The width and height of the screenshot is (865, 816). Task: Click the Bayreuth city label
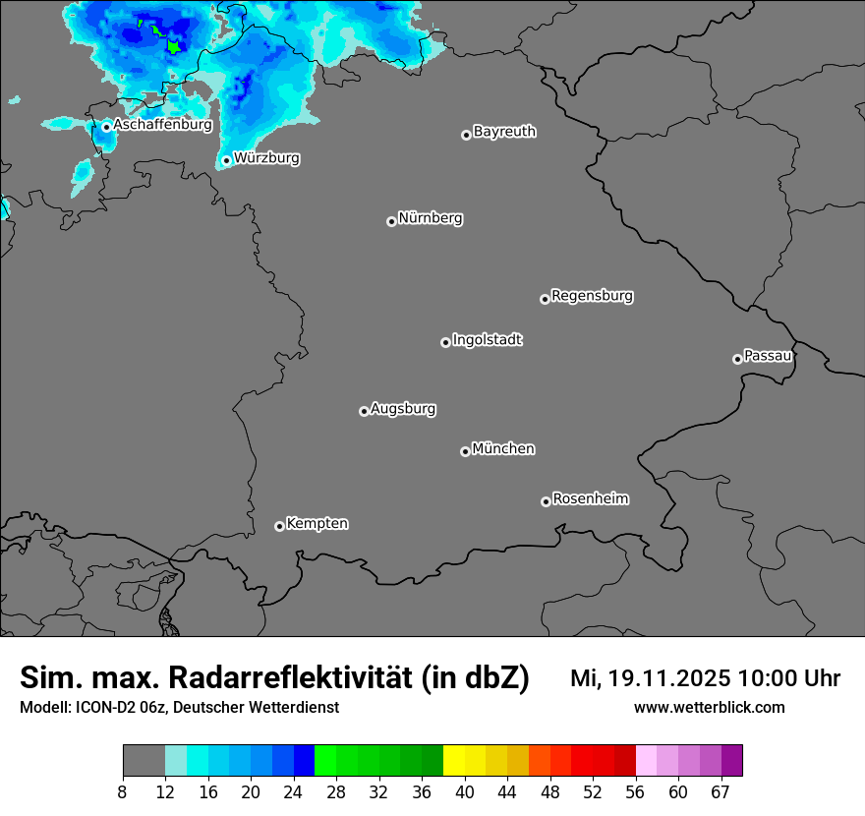(x=504, y=132)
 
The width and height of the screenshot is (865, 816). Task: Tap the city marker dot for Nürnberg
(x=391, y=221)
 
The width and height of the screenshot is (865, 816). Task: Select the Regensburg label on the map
(x=592, y=296)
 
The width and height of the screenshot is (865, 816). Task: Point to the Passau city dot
(x=737, y=359)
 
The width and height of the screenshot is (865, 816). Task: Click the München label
(x=503, y=449)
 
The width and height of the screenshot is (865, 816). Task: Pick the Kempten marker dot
(x=279, y=526)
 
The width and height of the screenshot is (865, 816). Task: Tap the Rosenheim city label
(x=590, y=499)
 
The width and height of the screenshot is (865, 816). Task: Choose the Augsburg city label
(x=403, y=409)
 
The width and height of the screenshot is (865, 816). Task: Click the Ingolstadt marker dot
(x=445, y=342)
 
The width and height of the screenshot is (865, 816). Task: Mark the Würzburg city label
(x=266, y=158)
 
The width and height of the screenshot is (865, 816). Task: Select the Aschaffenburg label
(x=162, y=125)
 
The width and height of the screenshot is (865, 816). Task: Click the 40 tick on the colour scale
(x=465, y=791)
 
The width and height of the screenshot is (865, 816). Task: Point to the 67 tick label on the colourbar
(x=721, y=791)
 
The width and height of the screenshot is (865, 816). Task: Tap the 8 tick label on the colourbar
(x=123, y=791)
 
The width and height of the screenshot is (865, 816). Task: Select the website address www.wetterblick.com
(x=709, y=707)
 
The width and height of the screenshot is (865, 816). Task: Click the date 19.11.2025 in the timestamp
(x=668, y=678)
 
